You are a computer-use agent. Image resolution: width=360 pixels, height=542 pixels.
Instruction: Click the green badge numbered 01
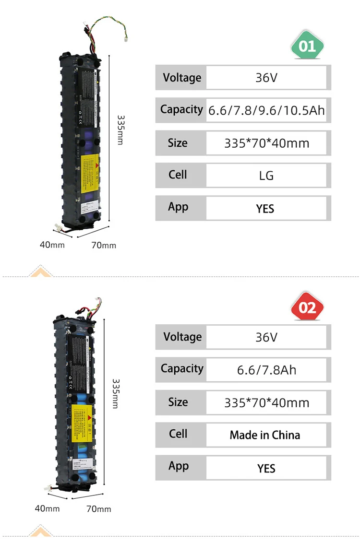[x=307, y=47]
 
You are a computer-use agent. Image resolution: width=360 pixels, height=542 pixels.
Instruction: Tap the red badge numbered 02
[x=307, y=306]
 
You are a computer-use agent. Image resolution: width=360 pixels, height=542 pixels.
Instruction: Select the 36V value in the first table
[x=266, y=78]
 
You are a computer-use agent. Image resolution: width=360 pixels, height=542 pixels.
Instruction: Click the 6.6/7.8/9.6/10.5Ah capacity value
[x=266, y=111]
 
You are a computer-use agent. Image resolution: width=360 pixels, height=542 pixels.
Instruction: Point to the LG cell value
[x=266, y=176]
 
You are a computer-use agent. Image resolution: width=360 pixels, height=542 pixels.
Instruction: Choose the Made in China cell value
[x=264, y=435]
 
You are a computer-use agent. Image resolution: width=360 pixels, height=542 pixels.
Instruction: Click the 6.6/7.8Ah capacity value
[x=266, y=370]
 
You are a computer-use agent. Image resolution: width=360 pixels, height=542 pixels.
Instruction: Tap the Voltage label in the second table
[x=182, y=337]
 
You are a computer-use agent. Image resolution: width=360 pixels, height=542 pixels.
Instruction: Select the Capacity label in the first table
[x=181, y=109]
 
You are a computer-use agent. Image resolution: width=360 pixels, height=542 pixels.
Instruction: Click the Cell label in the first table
[x=178, y=174]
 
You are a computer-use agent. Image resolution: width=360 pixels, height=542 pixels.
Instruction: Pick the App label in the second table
[x=179, y=466]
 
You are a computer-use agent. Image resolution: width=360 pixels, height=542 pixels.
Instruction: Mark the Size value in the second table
[x=266, y=402]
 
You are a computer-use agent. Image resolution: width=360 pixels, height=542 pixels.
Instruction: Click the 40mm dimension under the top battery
[x=52, y=245]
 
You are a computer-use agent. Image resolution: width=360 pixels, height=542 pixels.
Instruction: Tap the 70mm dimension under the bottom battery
[x=98, y=508]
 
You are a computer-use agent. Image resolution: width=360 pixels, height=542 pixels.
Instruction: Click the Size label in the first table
[x=178, y=142]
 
